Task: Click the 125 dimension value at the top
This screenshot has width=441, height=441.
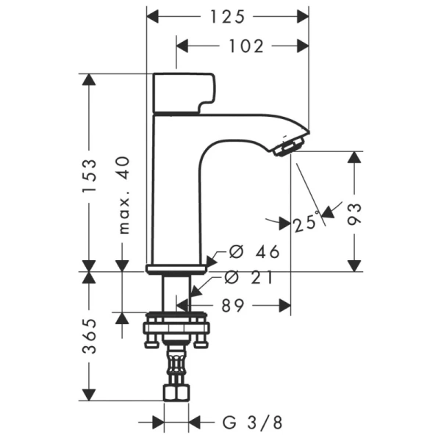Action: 228,15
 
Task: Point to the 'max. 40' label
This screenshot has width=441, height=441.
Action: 123,194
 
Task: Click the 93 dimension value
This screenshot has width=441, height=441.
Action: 354,213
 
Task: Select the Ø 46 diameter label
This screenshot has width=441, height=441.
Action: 254,252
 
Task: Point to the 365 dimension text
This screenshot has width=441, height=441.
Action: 89,337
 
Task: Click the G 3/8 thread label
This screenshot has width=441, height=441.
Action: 251,423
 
